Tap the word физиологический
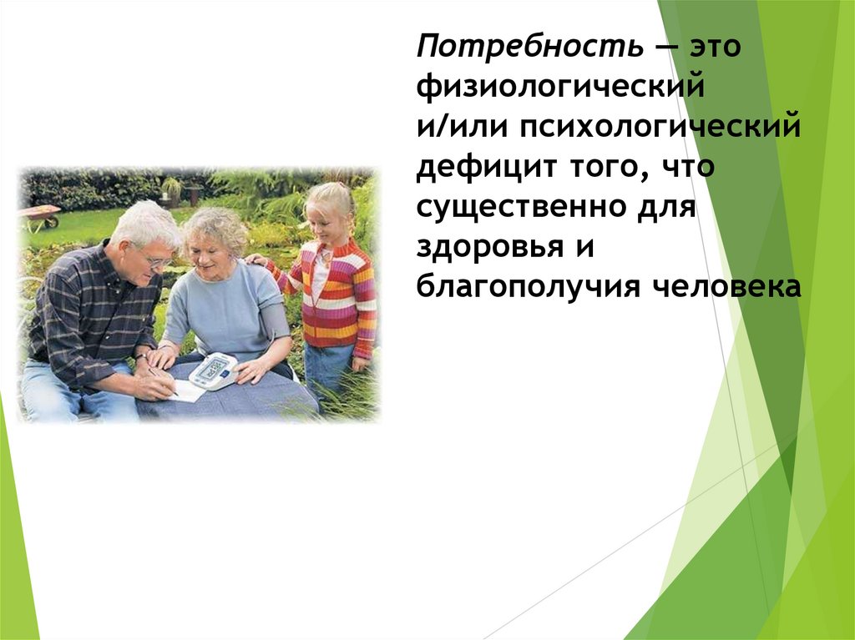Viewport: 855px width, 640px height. pyautogui.click(x=560, y=86)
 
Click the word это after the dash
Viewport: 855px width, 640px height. pyautogui.click(x=715, y=46)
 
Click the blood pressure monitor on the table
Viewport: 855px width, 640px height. pyautogui.click(x=214, y=370)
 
